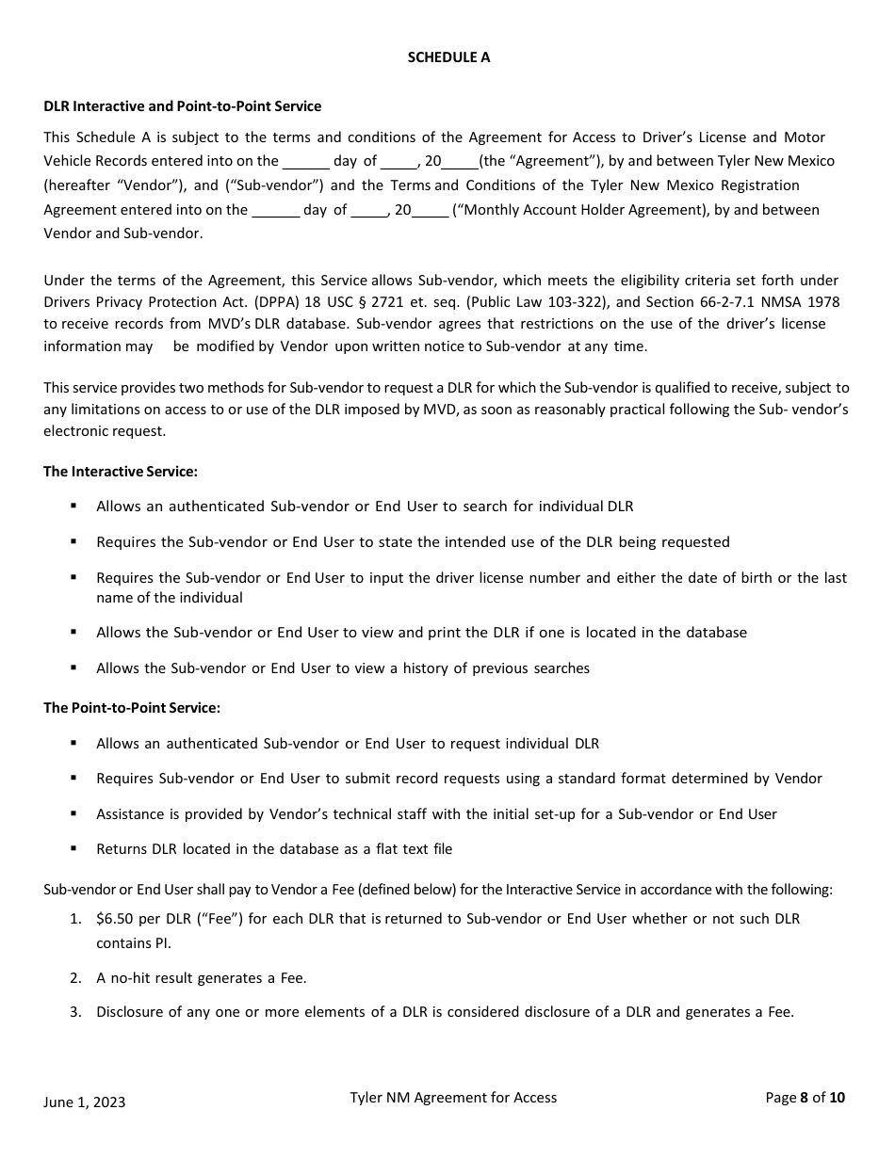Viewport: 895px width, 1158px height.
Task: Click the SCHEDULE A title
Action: [x=448, y=57]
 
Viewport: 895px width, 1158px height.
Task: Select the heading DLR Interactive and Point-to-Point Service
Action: [x=182, y=106]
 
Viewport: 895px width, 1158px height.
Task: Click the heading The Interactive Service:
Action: [x=121, y=471]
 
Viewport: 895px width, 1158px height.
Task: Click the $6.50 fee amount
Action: [x=116, y=919]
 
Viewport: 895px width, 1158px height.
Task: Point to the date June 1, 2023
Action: [x=84, y=1102]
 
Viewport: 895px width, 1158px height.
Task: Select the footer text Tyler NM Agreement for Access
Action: [x=453, y=1098]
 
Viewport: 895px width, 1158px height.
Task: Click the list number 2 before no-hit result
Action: [x=74, y=978]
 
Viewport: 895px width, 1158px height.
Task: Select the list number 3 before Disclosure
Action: [x=74, y=1013]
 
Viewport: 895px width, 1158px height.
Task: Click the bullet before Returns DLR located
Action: [x=73, y=848]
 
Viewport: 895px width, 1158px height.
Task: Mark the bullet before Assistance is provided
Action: [x=73, y=813]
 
